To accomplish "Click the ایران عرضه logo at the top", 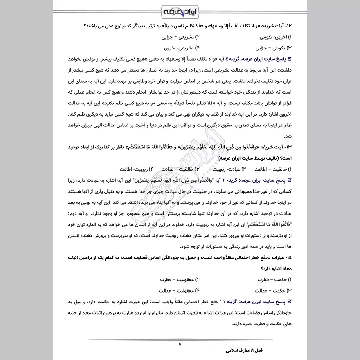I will coord(180,10).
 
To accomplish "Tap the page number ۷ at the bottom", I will coord(180,345).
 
